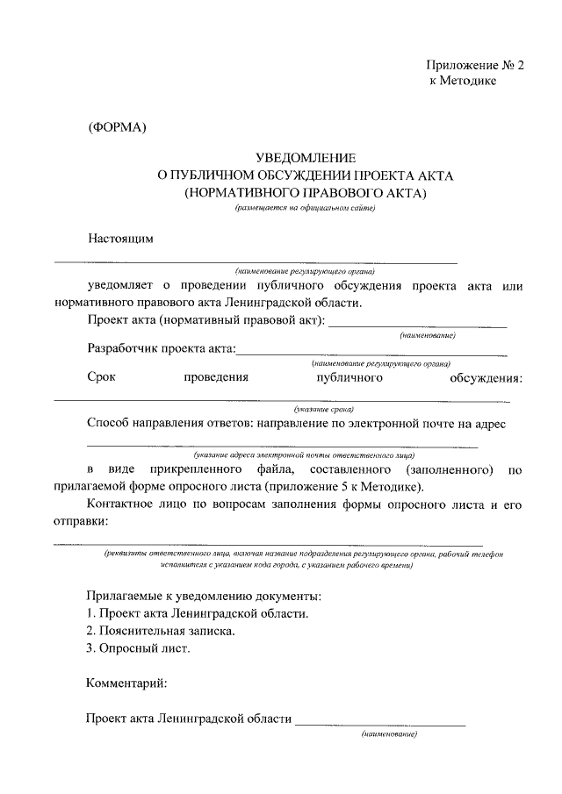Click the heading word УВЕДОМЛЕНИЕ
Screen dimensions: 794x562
(305, 159)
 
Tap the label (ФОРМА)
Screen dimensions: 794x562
(117, 127)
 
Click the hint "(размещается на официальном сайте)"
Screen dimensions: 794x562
(304, 208)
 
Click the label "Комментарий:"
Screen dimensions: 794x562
(126, 682)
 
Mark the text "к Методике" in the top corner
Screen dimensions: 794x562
(463, 81)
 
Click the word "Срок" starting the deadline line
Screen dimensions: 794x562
(102, 378)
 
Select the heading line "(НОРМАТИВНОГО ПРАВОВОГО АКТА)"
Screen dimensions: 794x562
(305, 191)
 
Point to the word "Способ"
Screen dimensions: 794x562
(110, 424)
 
